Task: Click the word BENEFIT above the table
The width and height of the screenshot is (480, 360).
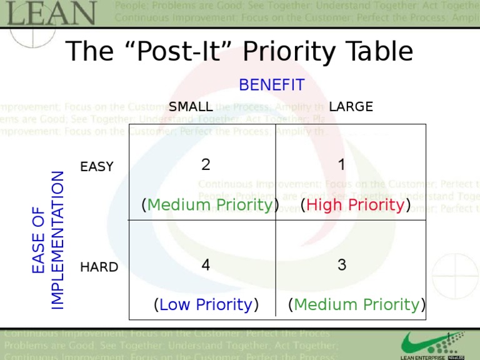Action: pyautogui.click(x=272, y=85)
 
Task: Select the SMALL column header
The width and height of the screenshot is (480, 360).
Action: pyautogui.click(x=191, y=107)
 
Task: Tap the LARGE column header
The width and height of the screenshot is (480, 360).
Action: pyautogui.click(x=351, y=107)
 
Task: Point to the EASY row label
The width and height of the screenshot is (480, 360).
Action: pyautogui.click(x=97, y=167)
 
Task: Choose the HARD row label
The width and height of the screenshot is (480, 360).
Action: pyautogui.click(x=99, y=267)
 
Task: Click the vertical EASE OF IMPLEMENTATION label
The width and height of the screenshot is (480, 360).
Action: pyautogui.click(x=47, y=240)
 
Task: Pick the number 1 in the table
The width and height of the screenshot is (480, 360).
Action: pyautogui.click(x=341, y=165)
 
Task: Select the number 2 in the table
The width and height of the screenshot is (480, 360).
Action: pyautogui.click(x=206, y=165)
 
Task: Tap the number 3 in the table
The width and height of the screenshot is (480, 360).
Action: pyautogui.click(x=342, y=265)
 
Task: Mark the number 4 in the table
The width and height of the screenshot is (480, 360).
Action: pyautogui.click(x=206, y=265)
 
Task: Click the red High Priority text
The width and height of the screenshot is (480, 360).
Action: pyautogui.click(x=355, y=205)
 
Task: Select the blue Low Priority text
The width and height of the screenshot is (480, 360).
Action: pyautogui.click(x=206, y=304)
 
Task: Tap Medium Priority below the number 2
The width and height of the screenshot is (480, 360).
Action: pyautogui.click(x=210, y=205)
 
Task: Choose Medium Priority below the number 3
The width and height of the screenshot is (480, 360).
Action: pyautogui.click(x=357, y=304)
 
